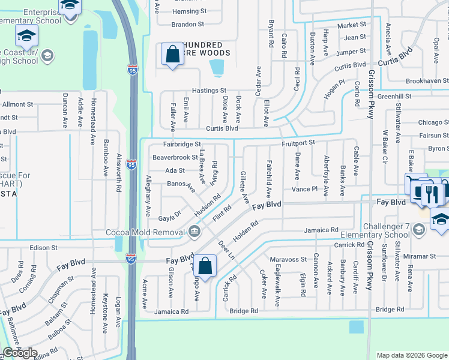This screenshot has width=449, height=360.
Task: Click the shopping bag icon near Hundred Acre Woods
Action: (172, 55)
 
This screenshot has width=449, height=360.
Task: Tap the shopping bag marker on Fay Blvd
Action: (205, 265)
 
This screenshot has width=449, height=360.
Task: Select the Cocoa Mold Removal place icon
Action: (194, 231)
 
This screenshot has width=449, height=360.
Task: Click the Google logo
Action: (20, 353)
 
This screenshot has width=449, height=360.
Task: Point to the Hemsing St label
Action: (189, 11)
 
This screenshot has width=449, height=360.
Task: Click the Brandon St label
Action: (188, 25)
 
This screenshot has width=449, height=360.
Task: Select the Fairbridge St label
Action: (182, 145)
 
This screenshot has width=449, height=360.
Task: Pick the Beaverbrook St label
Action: (175, 157)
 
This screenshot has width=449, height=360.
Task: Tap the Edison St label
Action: (44, 247)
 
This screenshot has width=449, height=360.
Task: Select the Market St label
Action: (352, 25)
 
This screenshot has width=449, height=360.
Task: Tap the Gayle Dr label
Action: (170, 217)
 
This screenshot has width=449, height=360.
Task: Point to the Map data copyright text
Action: (411, 355)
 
